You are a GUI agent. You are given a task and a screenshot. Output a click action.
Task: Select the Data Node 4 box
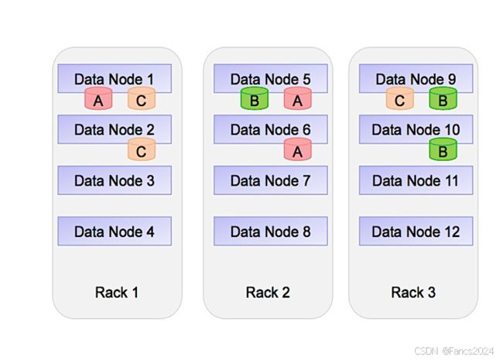pyautogui.click(x=115, y=231)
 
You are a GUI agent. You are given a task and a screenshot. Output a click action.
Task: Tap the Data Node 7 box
pyautogui.click(x=270, y=180)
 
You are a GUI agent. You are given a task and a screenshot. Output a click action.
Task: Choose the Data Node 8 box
pyautogui.click(x=270, y=231)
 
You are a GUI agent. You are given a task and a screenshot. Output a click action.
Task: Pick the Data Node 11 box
pyautogui.click(x=416, y=180)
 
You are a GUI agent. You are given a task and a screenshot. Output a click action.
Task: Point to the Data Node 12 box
pyautogui.click(x=416, y=231)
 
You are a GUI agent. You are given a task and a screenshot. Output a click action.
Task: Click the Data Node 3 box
pyautogui.click(x=115, y=180)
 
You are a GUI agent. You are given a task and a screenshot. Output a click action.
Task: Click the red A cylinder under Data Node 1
pyautogui.click(x=98, y=98)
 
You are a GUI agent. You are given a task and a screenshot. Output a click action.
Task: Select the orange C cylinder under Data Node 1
pyautogui.click(x=142, y=98)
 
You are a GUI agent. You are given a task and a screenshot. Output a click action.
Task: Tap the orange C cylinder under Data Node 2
pyautogui.click(x=142, y=149)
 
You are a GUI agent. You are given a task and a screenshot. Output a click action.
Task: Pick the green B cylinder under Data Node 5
pyautogui.click(x=255, y=98)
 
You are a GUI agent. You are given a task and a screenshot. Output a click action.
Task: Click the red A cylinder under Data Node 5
pyautogui.click(x=297, y=98)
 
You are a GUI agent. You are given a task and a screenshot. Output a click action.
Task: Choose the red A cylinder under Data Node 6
pyautogui.click(x=297, y=149)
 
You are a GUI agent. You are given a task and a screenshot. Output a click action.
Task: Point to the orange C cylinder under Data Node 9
pyautogui.click(x=400, y=98)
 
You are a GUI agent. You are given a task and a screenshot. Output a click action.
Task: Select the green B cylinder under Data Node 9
pyautogui.click(x=443, y=98)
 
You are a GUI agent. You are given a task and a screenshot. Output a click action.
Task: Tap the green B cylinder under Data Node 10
pyautogui.click(x=443, y=149)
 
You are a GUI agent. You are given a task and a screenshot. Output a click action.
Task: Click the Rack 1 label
pyautogui.click(x=117, y=293)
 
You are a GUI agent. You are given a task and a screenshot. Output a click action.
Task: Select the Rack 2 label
pyautogui.click(x=268, y=293)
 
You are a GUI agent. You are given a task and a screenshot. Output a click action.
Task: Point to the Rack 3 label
pyautogui.click(x=413, y=293)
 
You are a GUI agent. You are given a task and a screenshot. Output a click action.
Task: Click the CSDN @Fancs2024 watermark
pyautogui.click(x=454, y=351)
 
